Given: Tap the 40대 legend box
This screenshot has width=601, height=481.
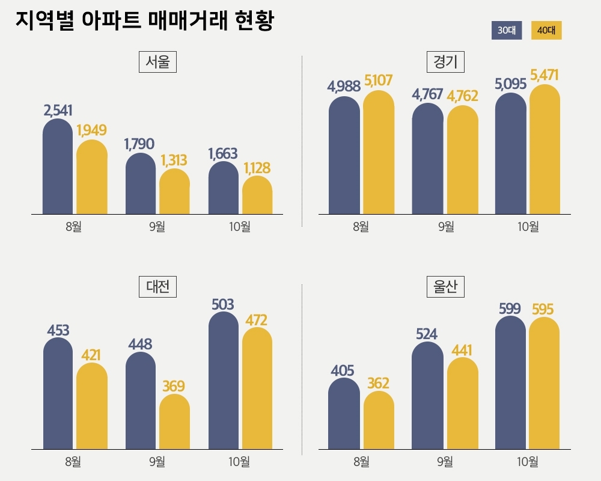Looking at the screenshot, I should click(546, 31).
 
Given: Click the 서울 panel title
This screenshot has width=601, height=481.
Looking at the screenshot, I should click(157, 62).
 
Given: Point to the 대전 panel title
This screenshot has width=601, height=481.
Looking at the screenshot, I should click(157, 286).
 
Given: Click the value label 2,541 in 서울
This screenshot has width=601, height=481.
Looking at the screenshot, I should click(58, 111).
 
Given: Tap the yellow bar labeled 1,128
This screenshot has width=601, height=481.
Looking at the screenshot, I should click(257, 195).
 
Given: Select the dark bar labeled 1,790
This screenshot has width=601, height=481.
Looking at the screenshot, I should click(140, 184).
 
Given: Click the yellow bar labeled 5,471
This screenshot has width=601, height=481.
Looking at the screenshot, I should click(545, 150).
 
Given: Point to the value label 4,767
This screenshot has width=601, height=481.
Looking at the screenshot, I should click(428, 94).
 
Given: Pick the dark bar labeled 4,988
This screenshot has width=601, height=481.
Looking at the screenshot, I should click(344, 156).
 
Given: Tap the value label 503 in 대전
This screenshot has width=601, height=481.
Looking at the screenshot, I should click(223, 304).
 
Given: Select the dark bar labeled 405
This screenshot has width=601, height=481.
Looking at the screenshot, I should click(344, 414).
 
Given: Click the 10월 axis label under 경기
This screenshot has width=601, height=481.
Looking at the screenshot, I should click(528, 227).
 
